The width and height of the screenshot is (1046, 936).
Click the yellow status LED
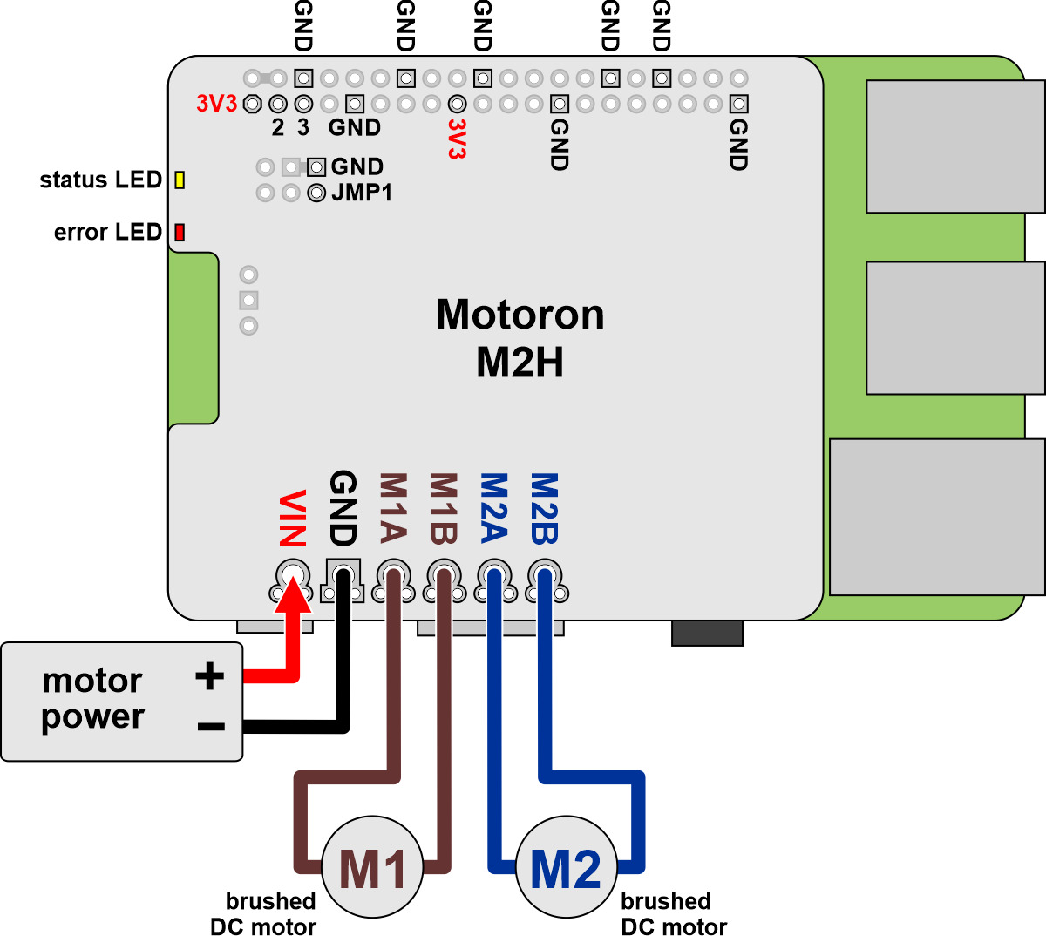click(x=180, y=180)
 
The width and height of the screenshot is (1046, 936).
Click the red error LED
click(x=180, y=232)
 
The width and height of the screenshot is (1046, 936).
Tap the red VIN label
click(x=293, y=519)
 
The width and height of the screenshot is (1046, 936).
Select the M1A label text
click(x=393, y=508)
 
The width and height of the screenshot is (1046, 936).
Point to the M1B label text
click(x=444, y=508)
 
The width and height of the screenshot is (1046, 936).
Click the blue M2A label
click(x=494, y=508)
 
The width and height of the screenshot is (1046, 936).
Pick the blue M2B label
click(x=545, y=508)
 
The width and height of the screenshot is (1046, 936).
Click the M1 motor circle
click(x=373, y=867)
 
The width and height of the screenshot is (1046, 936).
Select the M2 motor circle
click(x=567, y=867)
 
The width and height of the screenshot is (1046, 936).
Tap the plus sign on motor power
click(x=209, y=675)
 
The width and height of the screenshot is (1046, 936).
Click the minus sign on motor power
click(x=211, y=726)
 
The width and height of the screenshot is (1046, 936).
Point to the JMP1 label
click(x=362, y=193)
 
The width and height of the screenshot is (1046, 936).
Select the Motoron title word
click(x=520, y=315)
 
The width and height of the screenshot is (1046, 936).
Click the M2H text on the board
click(x=520, y=362)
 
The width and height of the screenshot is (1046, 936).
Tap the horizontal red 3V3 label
click(x=216, y=104)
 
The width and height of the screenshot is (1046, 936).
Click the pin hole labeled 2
click(x=278, y=104)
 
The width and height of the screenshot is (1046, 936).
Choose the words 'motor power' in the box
click(x=92, y=698)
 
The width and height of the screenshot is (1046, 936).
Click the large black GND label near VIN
click(x=343, y=508)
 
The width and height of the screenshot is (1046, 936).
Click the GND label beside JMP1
click(x=357, y=166)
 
